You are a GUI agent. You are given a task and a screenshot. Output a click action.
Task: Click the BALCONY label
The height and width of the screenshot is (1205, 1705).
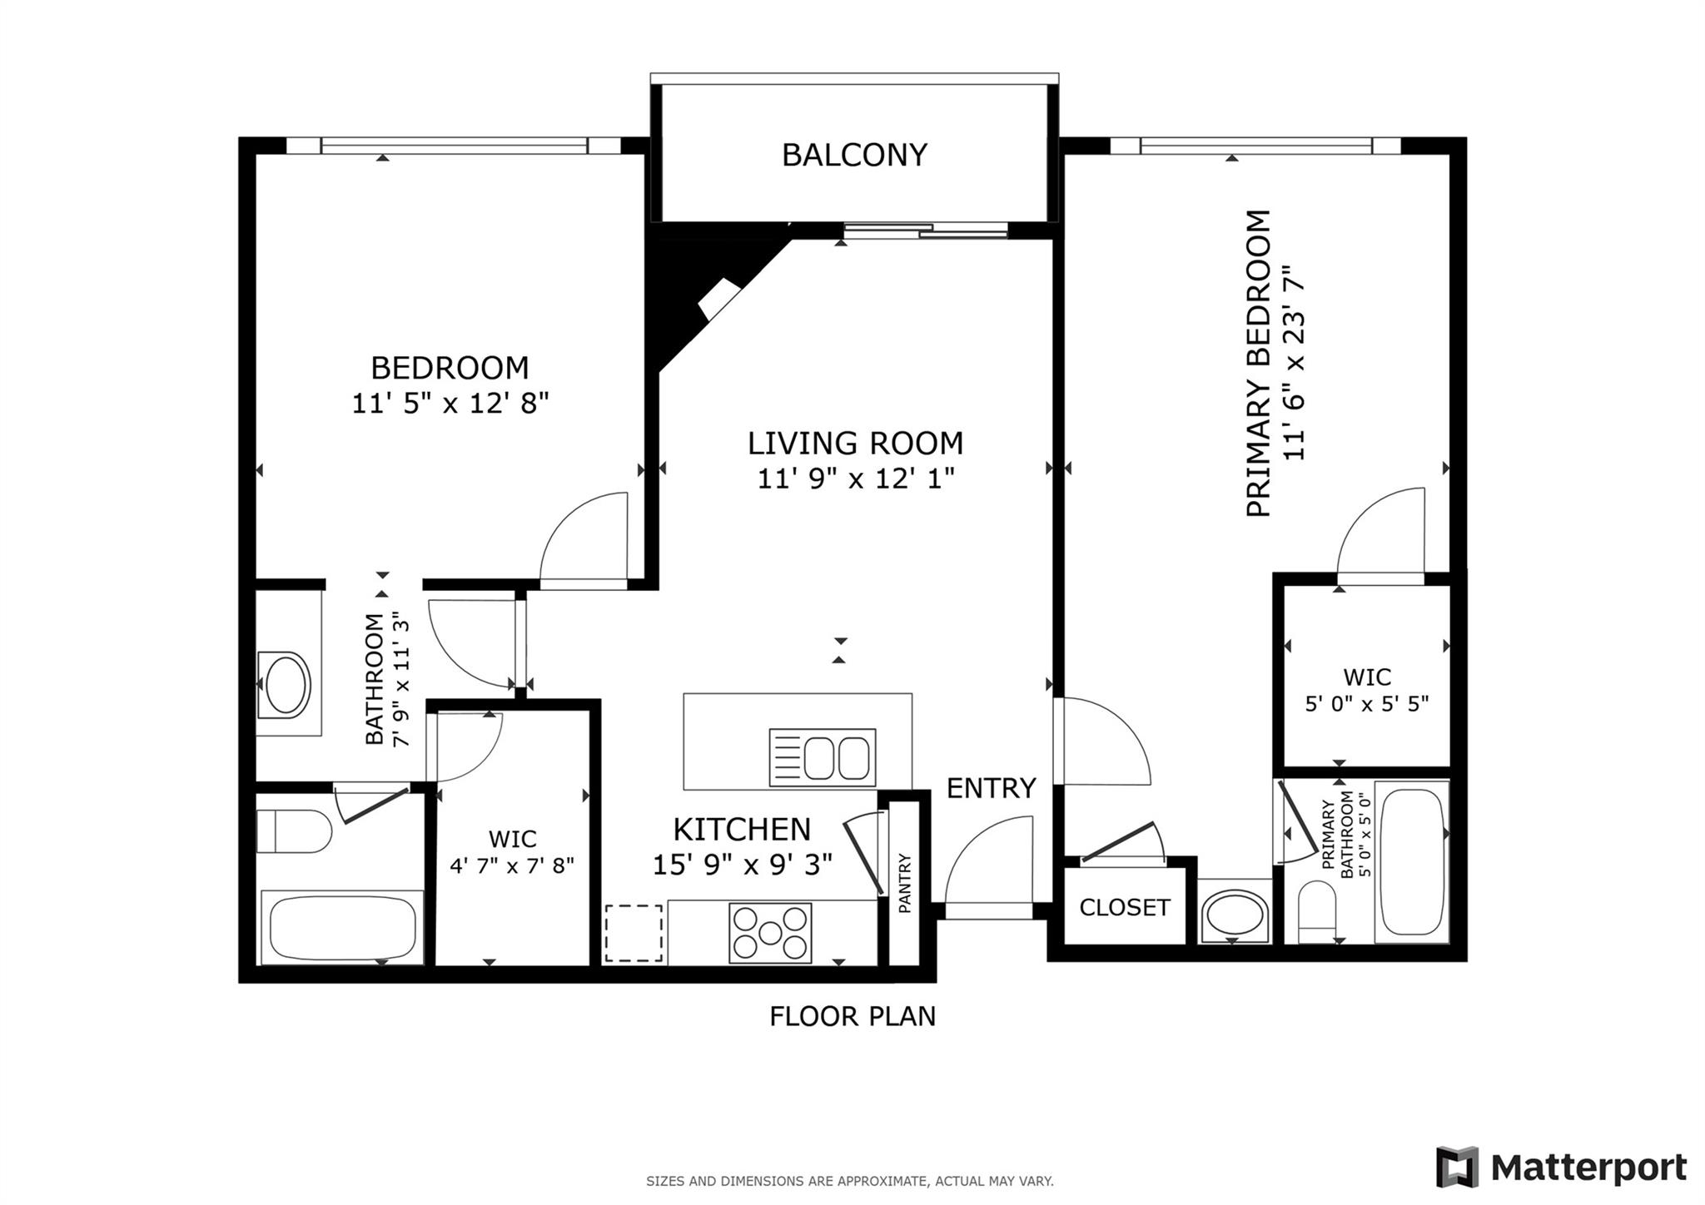click(x=854, y=156)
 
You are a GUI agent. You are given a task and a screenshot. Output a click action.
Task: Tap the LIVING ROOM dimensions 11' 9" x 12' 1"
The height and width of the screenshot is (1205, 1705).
click(x=855, y=479)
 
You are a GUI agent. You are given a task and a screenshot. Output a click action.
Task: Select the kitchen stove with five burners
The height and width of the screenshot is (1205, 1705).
click(x=770, y=933)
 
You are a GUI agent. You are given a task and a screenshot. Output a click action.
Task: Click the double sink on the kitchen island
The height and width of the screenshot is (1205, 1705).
click(x=823, y=757)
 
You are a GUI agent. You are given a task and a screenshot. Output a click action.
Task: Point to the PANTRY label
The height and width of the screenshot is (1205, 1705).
click(x=905, y=883)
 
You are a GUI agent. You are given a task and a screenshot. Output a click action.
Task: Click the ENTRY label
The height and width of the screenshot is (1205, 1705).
click(x=991, y=787)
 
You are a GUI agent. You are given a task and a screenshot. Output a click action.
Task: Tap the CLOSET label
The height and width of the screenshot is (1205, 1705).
click(x=1125, y=907)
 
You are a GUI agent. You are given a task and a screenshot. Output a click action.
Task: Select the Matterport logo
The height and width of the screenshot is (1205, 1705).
click(x=1561, y=1168)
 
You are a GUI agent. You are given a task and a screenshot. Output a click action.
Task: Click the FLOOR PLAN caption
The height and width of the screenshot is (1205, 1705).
click(x=852, y=1016)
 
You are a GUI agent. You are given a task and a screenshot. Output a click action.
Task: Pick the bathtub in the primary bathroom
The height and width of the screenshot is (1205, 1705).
click(x=1412, y=861)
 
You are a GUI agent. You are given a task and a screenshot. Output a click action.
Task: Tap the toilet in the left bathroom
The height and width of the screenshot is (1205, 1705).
click(x=293, y=831)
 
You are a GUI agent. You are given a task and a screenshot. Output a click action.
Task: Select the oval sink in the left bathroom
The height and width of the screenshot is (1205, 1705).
click(x=285, y=685)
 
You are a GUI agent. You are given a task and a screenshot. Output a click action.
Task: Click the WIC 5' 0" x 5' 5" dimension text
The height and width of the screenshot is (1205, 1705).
click(x=1366, y=704)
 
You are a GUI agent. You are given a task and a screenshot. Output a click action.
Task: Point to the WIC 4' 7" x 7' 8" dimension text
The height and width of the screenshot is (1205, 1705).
click(x=512, y=865)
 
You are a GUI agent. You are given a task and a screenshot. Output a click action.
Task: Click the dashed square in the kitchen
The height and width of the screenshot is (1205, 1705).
click(x=634, y=934)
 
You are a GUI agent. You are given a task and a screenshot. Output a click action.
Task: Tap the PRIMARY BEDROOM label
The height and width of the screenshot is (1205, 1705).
click(x=1259, y=364)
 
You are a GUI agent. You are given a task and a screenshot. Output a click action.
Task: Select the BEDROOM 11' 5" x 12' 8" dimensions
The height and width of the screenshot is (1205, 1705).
click(x=450, y=404)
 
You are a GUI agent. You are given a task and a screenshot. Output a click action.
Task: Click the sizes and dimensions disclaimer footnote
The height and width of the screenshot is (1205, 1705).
click(x=849, y=1181)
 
